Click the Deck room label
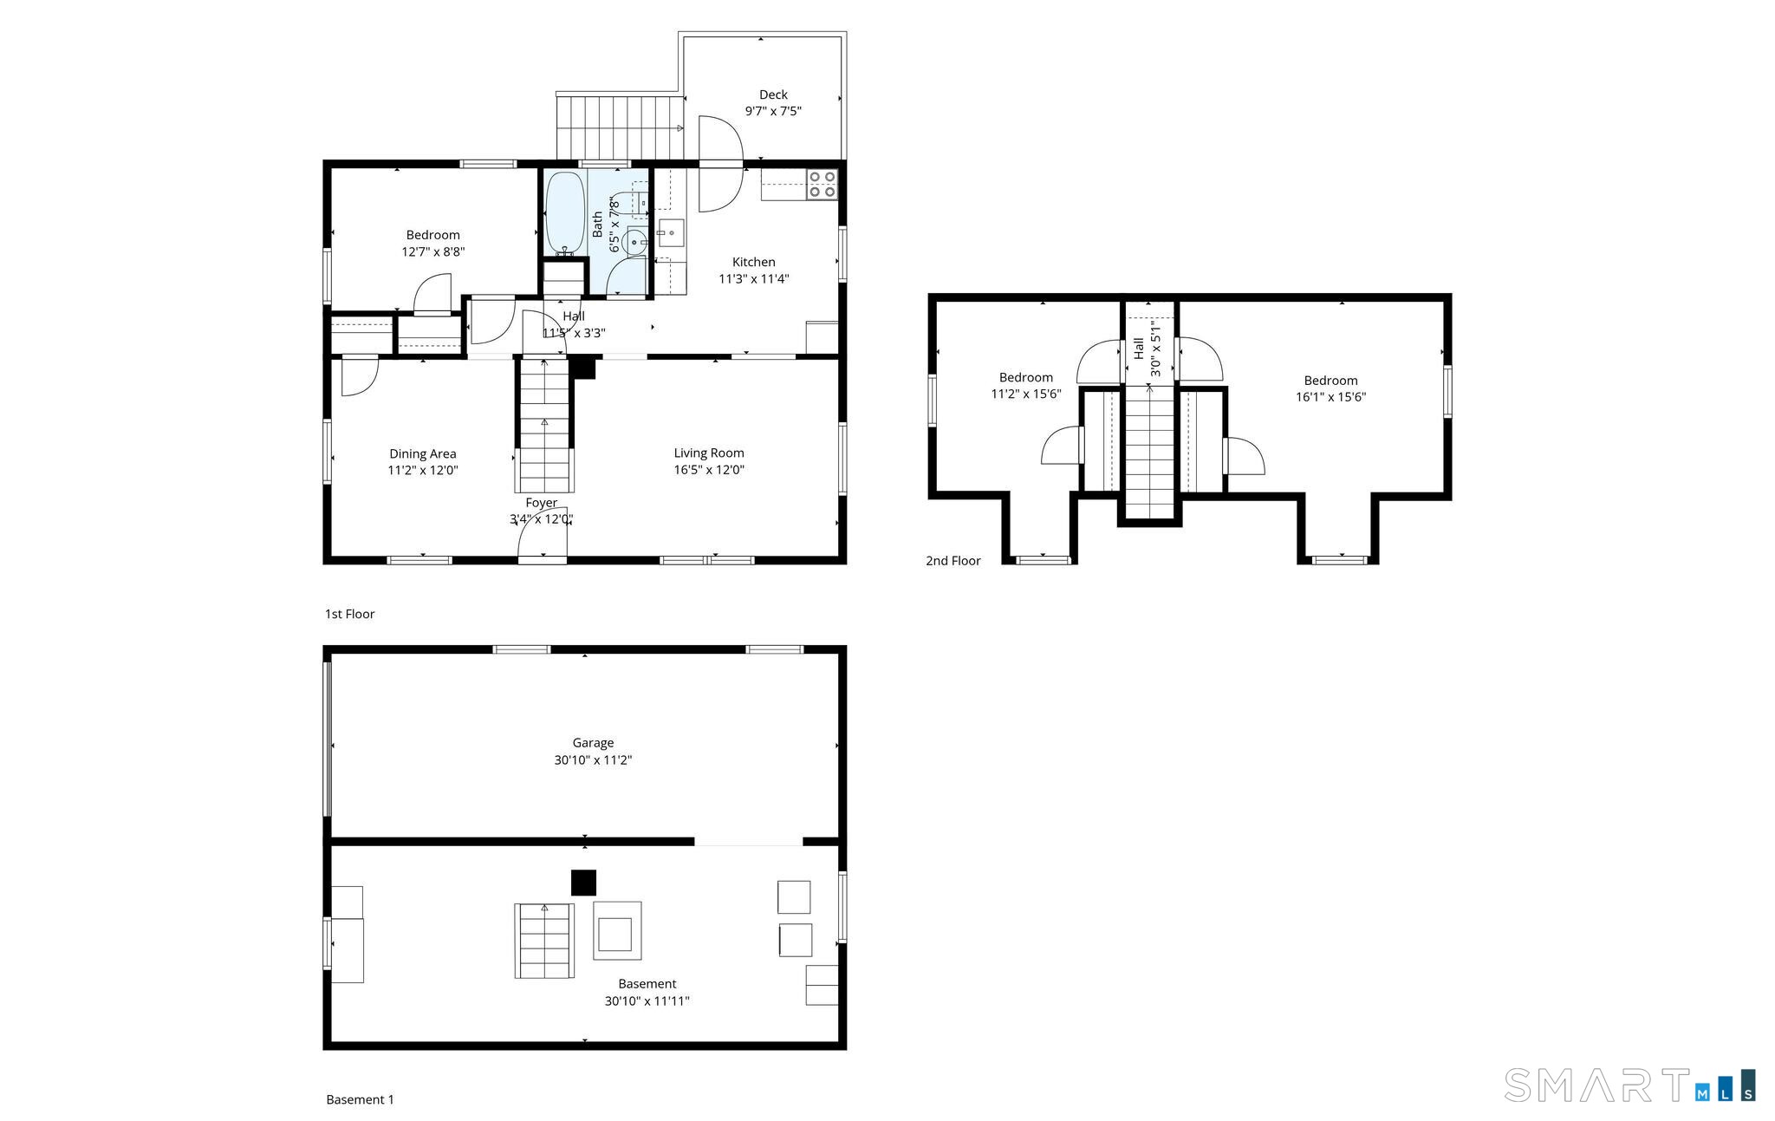773,95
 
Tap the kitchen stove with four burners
822,185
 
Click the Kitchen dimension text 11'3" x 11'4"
753,279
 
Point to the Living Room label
709,453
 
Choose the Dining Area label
422,453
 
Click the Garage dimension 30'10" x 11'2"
593,760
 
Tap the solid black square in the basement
583,883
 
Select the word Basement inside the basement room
647,984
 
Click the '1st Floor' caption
349,614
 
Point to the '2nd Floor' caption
953,561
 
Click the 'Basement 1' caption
360,1099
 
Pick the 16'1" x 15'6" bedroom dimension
1330,397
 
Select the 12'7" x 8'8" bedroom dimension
432,252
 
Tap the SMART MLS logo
1629,1085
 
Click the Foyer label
541,503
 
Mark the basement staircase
544,941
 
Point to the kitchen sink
670,233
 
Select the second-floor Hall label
1139,349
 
